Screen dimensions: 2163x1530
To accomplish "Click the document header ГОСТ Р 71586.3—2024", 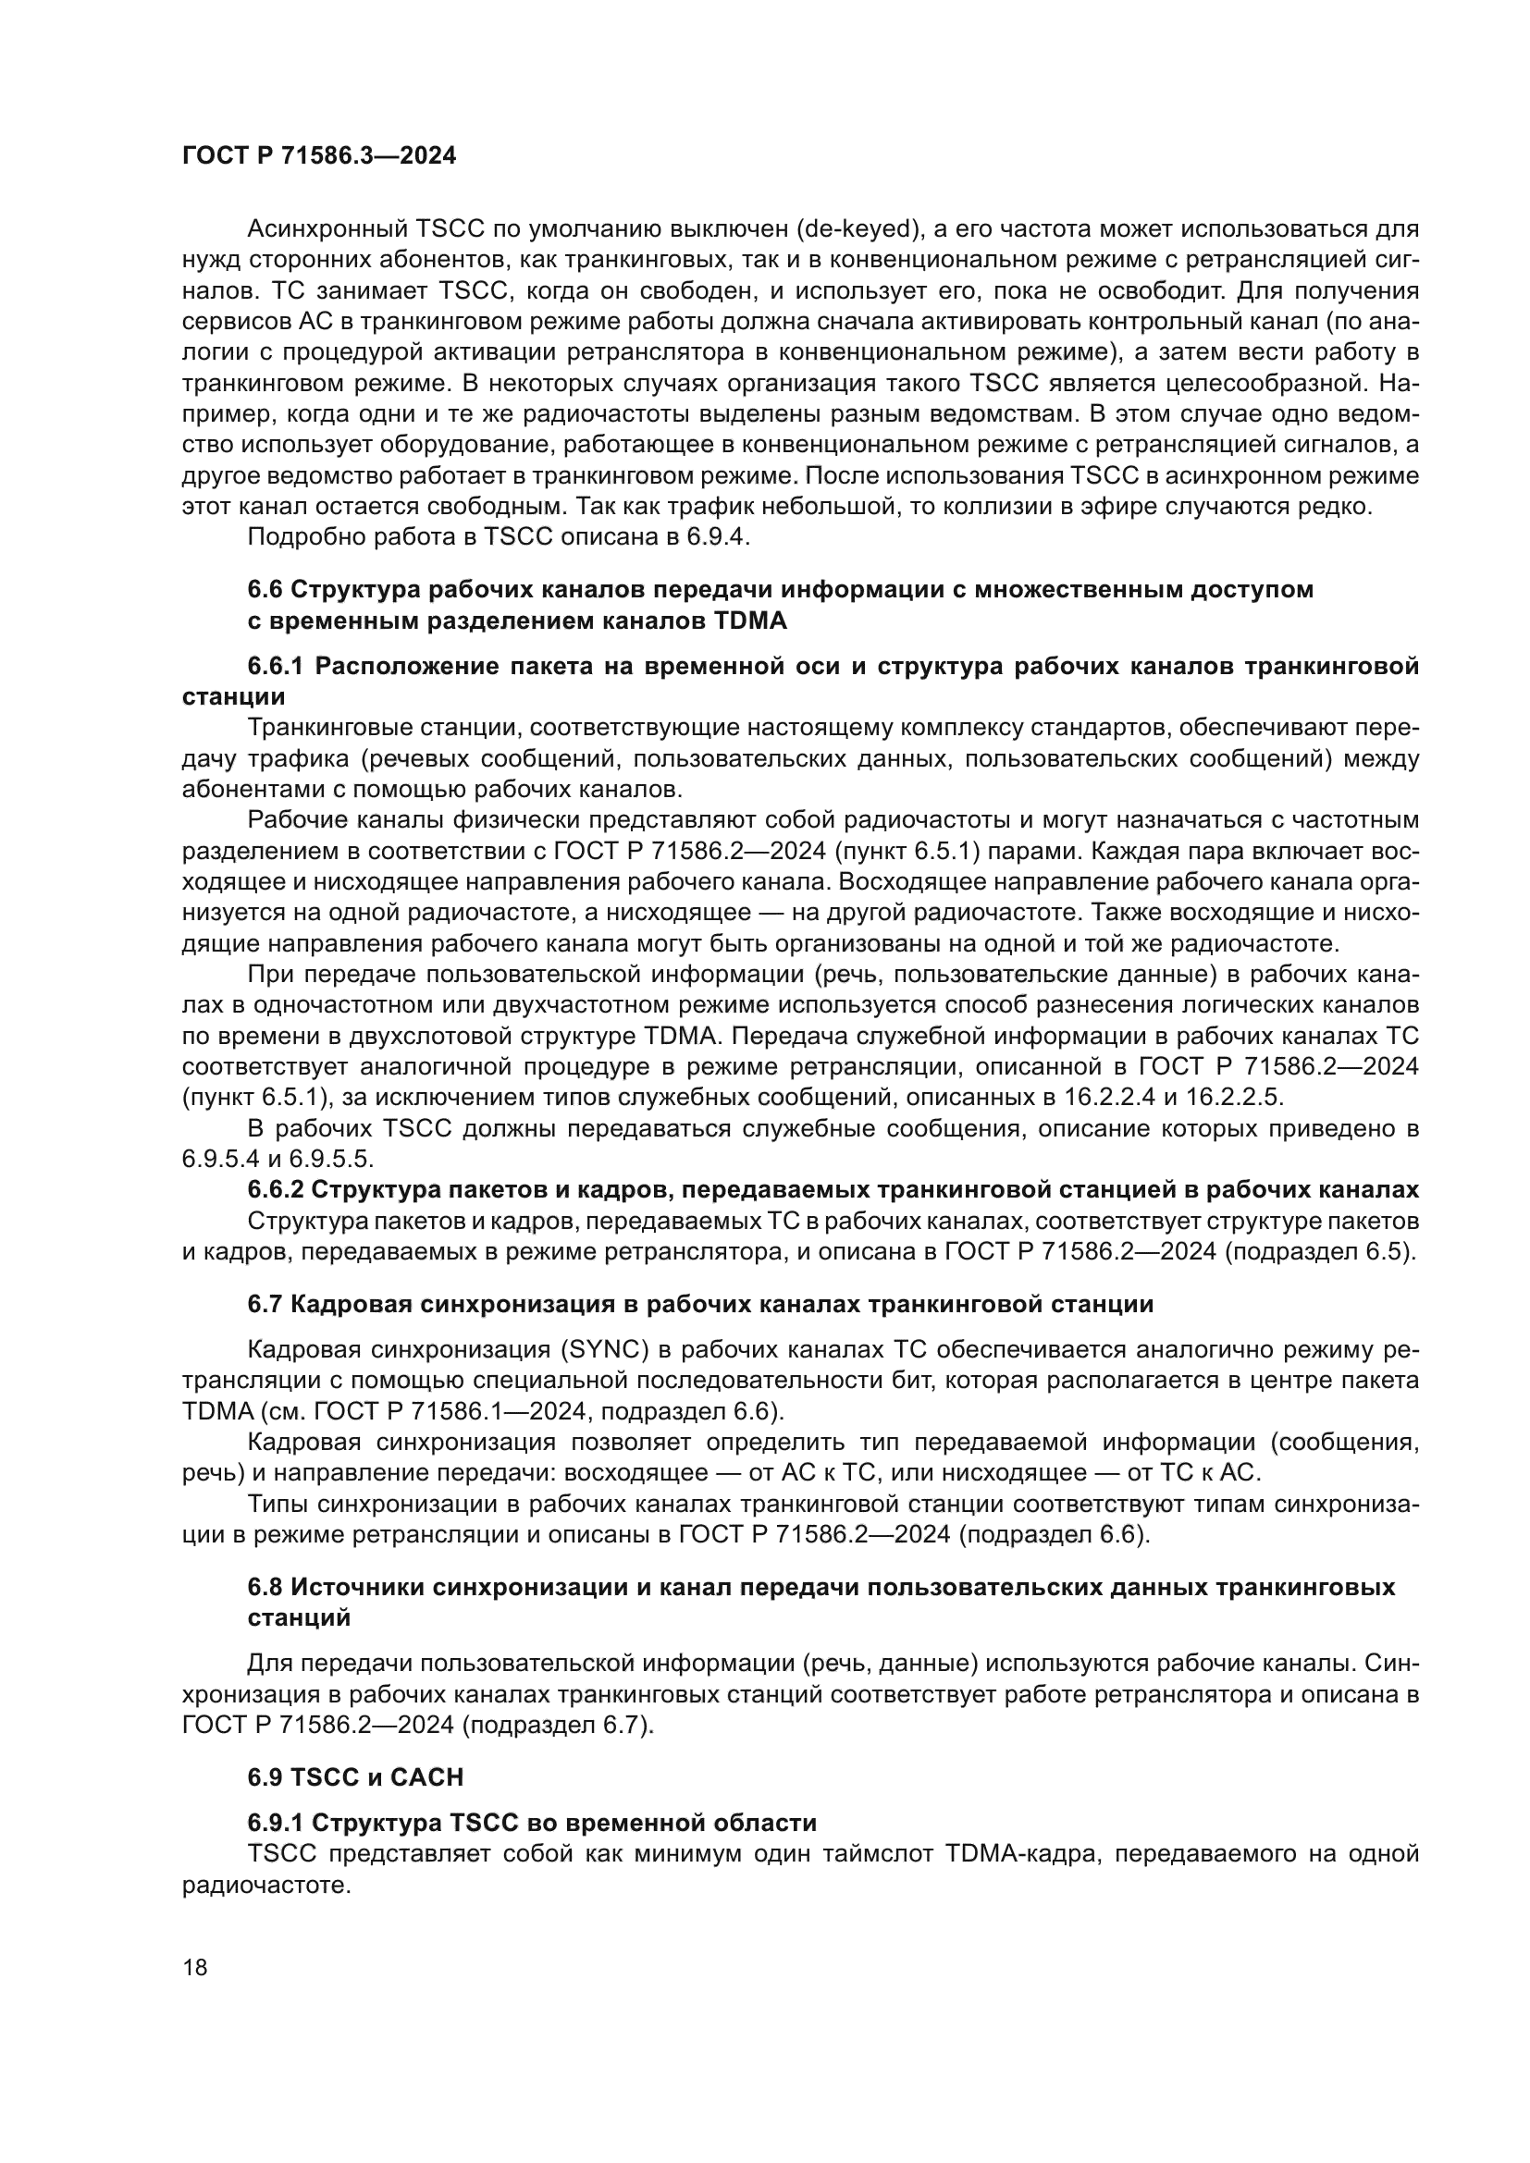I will tap(318, 156).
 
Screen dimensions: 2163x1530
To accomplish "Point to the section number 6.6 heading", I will tap(265, 590).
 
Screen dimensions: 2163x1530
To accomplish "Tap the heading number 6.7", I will tap(265, 1305).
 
